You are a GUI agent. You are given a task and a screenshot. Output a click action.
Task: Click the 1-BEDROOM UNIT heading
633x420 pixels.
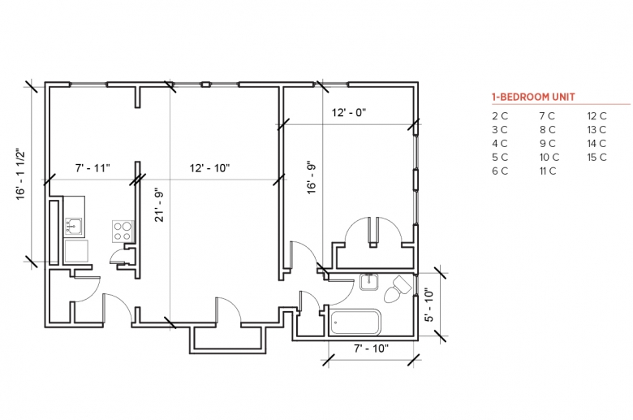pyautogui.click(x=533, y=97)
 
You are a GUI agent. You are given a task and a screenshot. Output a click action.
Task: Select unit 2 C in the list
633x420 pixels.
pyautogui.click(x=500, y=116)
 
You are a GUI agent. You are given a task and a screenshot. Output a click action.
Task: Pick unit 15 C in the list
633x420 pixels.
pyautogui.click(x=596, y=158)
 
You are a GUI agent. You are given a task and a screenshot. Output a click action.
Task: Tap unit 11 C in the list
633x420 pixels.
pyautogui.click(x=548, y=171)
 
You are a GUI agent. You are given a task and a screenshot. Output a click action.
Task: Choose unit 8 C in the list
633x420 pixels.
pyautogui.click(x=548, y=130)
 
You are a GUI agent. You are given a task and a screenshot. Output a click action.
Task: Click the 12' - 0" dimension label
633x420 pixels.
pyautogui.click(x=349, y=112)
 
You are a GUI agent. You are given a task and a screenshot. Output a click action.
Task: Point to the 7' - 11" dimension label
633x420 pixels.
pyautogui.click(x=93, y=168)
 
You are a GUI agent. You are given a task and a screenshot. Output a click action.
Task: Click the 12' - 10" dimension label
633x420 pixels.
pyautogui.click(x=209, y=168)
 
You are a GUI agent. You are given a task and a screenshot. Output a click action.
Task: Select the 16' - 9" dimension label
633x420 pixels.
pyautogui.click(x=312, y=178)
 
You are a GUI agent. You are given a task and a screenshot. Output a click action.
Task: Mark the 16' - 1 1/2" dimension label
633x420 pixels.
pyautogui.click(x=20, y=174)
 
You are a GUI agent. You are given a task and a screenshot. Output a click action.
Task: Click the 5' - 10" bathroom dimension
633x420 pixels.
pyautogui.click(x=429, y=305)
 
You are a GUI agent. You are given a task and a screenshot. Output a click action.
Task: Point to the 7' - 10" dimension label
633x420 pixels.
pyautogui.click(x=371, y=348)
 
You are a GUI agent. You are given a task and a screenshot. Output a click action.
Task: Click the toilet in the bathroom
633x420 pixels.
pyautogui.click(x=397, y=288)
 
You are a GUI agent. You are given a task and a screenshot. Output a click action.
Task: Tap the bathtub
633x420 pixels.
pyautogui.click(x=355, y=323)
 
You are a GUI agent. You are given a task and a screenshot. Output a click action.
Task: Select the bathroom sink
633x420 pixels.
pyautogui.click(x=369, y=282)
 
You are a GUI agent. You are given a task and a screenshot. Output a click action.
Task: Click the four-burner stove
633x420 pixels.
pyautogui.click(x=123, y=232)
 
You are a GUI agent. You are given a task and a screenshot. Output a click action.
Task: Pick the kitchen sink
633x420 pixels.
pyautogui.click(x=74, y=227)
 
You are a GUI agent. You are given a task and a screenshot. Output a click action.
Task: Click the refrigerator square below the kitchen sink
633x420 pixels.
pyautogui.click(x=76, y=251)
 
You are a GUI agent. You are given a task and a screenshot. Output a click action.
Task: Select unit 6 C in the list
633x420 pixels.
pyautogui.click(x=500, y=171)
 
